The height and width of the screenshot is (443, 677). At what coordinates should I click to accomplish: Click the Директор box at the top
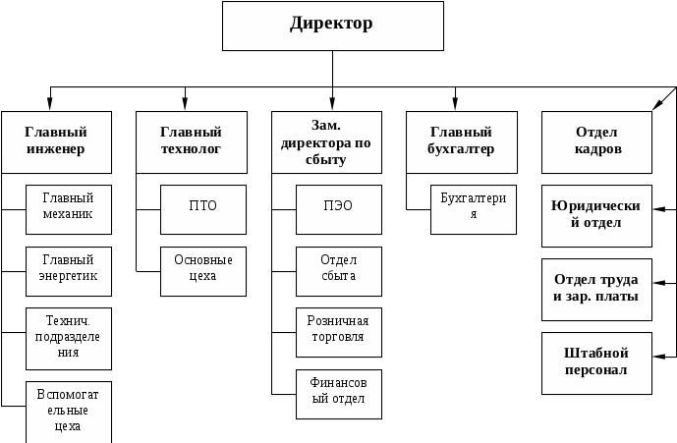(x=332, y=26)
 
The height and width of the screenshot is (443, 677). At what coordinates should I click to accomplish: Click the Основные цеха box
(x=202, y=270)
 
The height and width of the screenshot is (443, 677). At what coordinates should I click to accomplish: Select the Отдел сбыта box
(x=338, y=270)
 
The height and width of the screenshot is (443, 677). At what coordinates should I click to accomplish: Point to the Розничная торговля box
(x=338, y=332)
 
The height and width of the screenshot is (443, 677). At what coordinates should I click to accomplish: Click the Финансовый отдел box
(x=338, y=393)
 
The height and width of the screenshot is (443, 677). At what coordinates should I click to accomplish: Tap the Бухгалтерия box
(x=474, y=209)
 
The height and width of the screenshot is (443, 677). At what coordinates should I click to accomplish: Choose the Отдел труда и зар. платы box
(x=596, y=290)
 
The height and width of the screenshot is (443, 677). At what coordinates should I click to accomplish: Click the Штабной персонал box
(x=596, y=363)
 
